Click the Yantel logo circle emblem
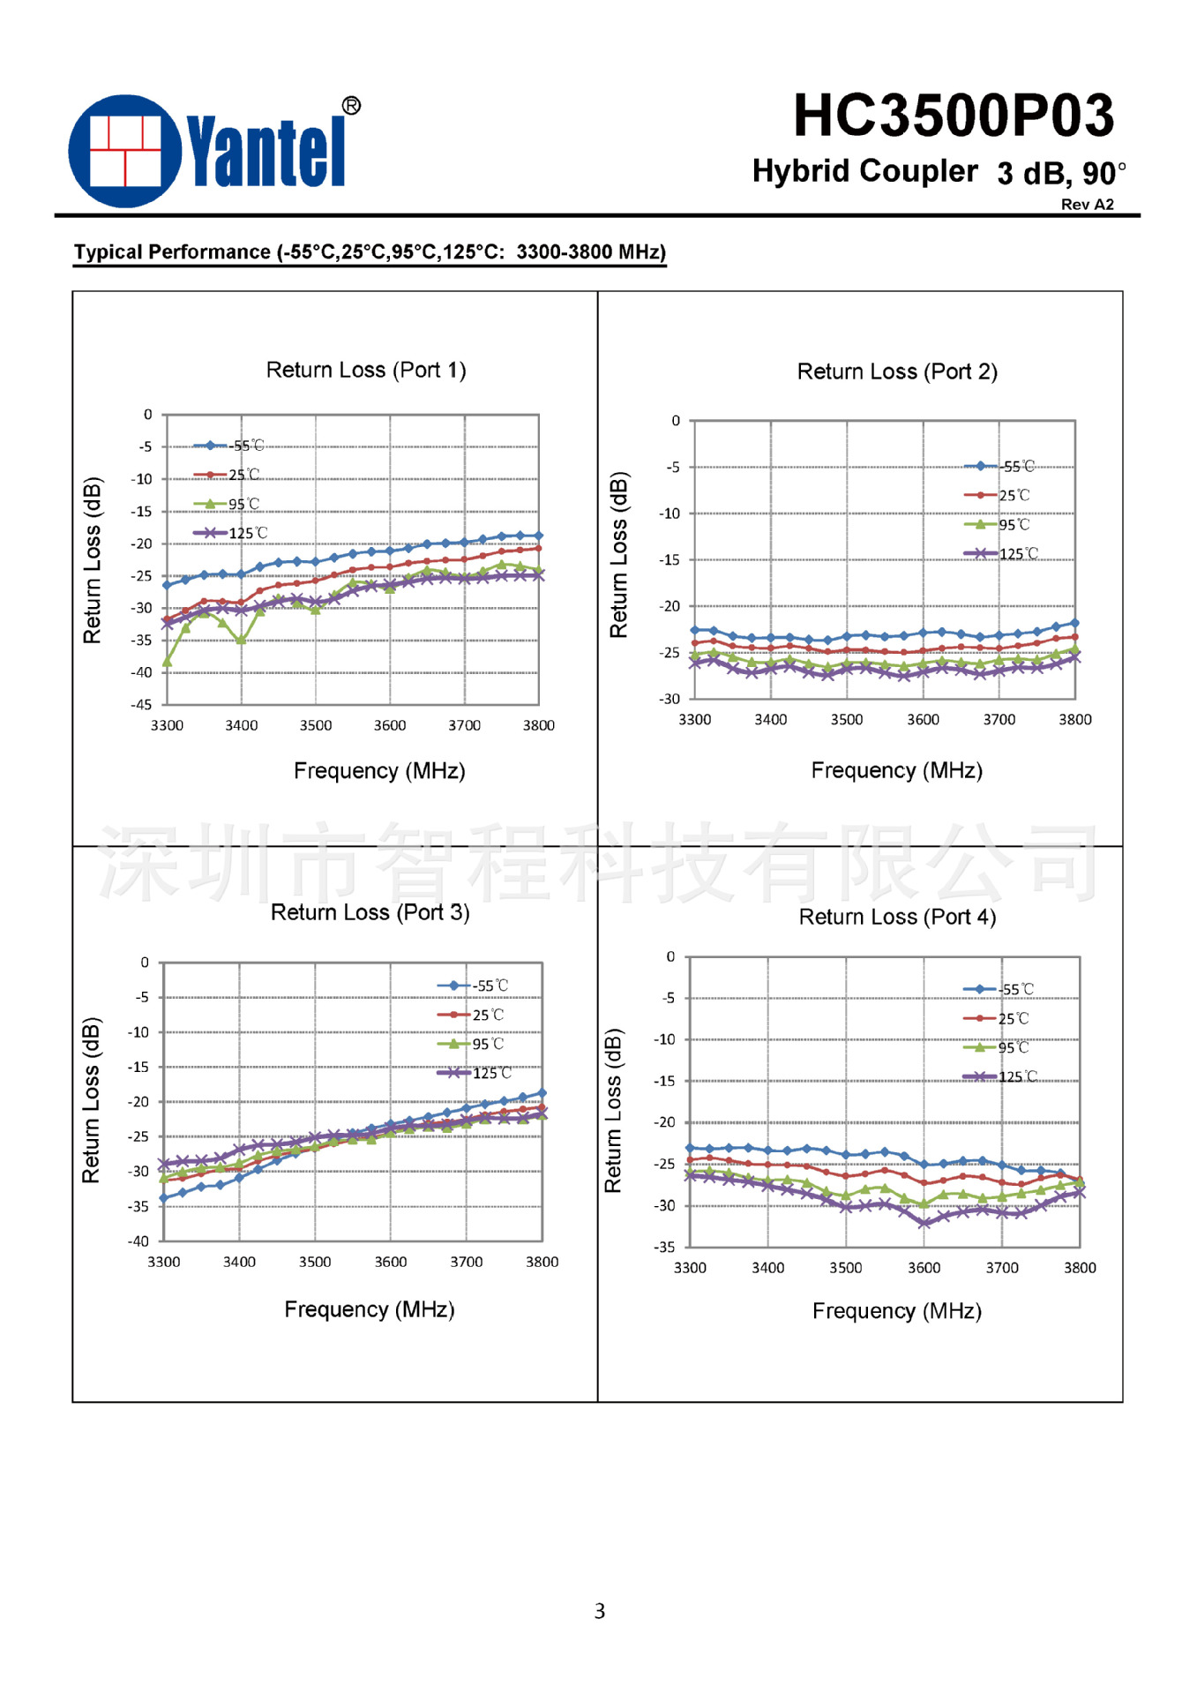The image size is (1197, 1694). coord(125,151)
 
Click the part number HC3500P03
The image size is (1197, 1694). coord(954,116)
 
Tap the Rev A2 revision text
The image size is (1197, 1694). coord(1087,205)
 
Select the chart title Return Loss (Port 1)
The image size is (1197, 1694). coord(366,370)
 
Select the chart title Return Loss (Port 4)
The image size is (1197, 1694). coord(897,917)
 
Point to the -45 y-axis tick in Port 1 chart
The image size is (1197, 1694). coord(141,704)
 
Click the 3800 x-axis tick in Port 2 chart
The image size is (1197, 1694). coord(1075,720)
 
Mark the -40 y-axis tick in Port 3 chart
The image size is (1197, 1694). coord(138,1241)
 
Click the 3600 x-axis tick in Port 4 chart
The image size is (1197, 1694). coord(924,1268)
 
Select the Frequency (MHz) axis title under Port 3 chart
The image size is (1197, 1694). coord(370,1309)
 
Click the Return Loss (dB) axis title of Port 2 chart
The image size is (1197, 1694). coord(618,555)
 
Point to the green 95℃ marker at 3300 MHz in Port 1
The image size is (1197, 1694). coord(167,662)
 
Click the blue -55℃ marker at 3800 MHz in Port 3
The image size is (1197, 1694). coord(542,1093)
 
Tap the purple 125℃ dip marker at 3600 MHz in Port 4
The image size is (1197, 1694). coord(924,1223)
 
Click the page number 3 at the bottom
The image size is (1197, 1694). coord(600,1611)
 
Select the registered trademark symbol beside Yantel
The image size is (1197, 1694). coord(351,106)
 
